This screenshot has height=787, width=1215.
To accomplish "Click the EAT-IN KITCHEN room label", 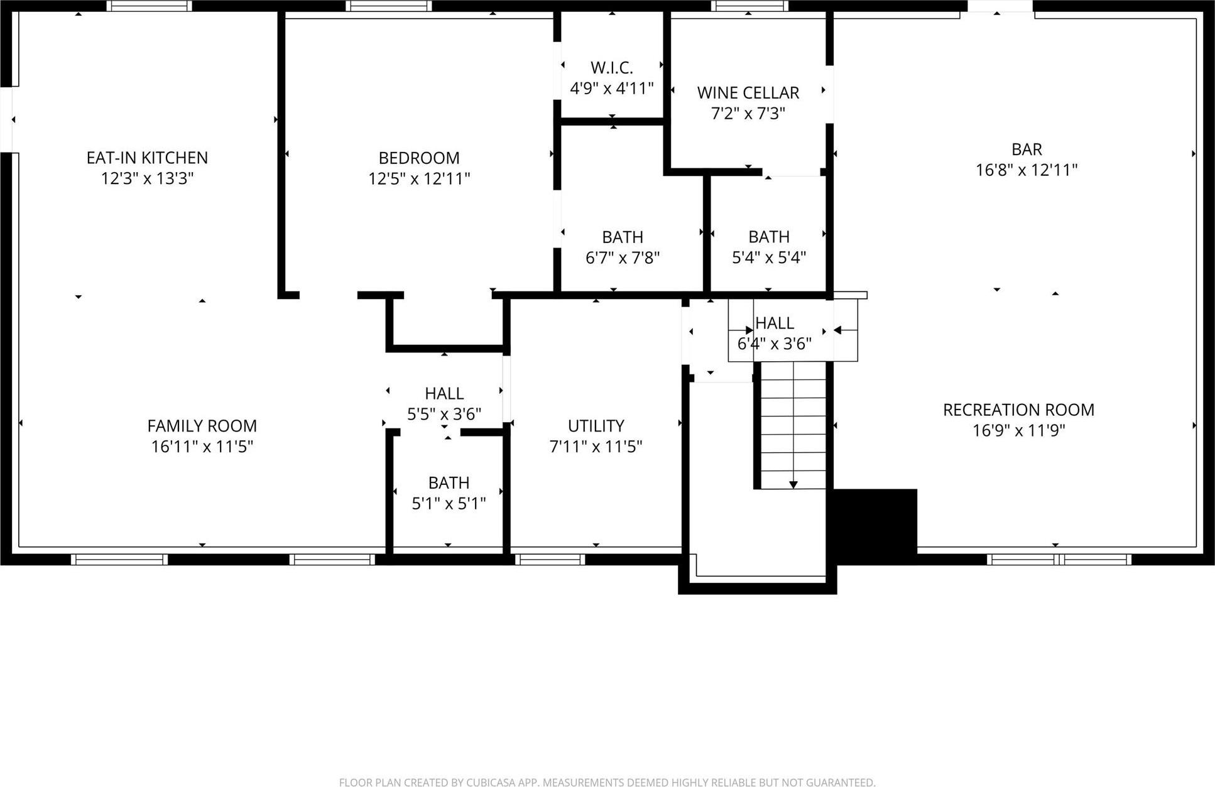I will pyautogui.click(x=147, y=158).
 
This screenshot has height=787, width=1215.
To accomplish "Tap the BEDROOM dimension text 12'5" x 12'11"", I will pyautogui.click(x=419, y=179).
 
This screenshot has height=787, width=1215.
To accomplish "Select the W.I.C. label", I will pyautogui.click(x=611, y=68).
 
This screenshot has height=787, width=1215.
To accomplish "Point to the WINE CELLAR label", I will pyautogui.click(x=748, y=93).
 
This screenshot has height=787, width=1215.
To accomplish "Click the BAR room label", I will pyautogui.click(x=1027, y=149).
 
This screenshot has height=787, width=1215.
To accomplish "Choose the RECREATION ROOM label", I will pyautogui.click(x=1018, y=410).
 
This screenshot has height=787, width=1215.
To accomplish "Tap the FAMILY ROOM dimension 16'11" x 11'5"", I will pyautogui.click(x=202, y=447).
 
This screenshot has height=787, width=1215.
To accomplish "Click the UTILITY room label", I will pyautogui.click(x=596, y=426).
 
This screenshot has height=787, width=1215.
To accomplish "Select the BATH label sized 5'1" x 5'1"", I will pyautogui.click(x=449, y=483).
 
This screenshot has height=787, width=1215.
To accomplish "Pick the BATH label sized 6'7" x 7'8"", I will pyautogui.click(x=623, y=237).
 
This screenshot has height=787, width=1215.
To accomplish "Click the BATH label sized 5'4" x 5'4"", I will pyautogui.click(x=769, y=237).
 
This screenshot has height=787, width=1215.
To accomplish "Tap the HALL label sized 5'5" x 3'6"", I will pyautogui.click(x=444, y=394).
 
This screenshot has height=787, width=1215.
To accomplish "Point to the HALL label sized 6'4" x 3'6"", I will pyautogui.click(x=775, y=323).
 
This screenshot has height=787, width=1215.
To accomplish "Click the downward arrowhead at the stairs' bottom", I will pyautogui.click(x=793, y=485).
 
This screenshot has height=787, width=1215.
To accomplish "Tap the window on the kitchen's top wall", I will pyautogui.click(x=149, y=6).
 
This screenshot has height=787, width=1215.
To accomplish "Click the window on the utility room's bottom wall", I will pyautogui.click(x=550, y=559).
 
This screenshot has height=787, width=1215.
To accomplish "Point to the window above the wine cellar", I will pyautogui.click(x=749, y=6).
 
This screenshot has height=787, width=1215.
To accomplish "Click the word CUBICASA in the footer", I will pyautogui.click(x=491, y=782).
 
